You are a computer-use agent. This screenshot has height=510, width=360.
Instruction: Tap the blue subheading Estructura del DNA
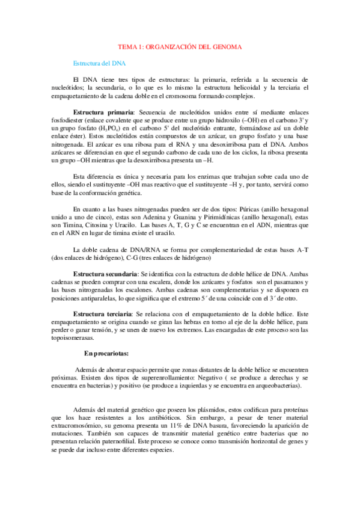(99, 63)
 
